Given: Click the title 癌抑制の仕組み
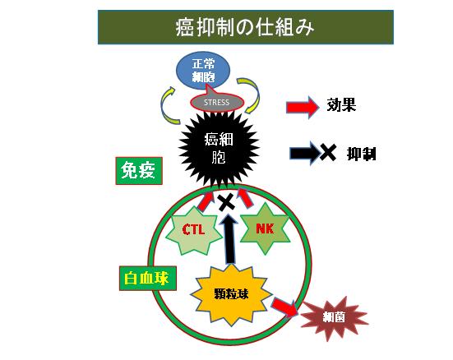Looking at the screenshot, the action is pos(245,28).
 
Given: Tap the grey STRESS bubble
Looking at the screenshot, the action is pos(217,102).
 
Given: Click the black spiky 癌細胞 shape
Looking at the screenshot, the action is pos(219,149).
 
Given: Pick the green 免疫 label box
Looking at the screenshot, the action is pos(139,171).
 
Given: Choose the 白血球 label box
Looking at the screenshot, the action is pos(148,279).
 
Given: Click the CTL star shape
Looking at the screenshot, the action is pos(193,230).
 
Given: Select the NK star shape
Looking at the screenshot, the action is pos(265,228).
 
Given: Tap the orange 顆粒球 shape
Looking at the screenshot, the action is pos(231,295).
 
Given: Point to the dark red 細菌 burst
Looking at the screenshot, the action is pos(334,318).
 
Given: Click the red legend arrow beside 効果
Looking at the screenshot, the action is pos(303,107).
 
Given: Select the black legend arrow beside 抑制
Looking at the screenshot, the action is pos(306,153).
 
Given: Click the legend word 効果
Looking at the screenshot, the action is pos(341,105).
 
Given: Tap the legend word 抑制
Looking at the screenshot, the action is pos(362,154).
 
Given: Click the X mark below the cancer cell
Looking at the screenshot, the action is pos(227,202).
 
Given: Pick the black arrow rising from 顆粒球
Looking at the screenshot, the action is pos(229,238).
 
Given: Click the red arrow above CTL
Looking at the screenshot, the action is pos(206,200).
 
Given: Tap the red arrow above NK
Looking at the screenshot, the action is pos(245,198).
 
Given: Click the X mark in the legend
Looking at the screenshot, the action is pos(327,152).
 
